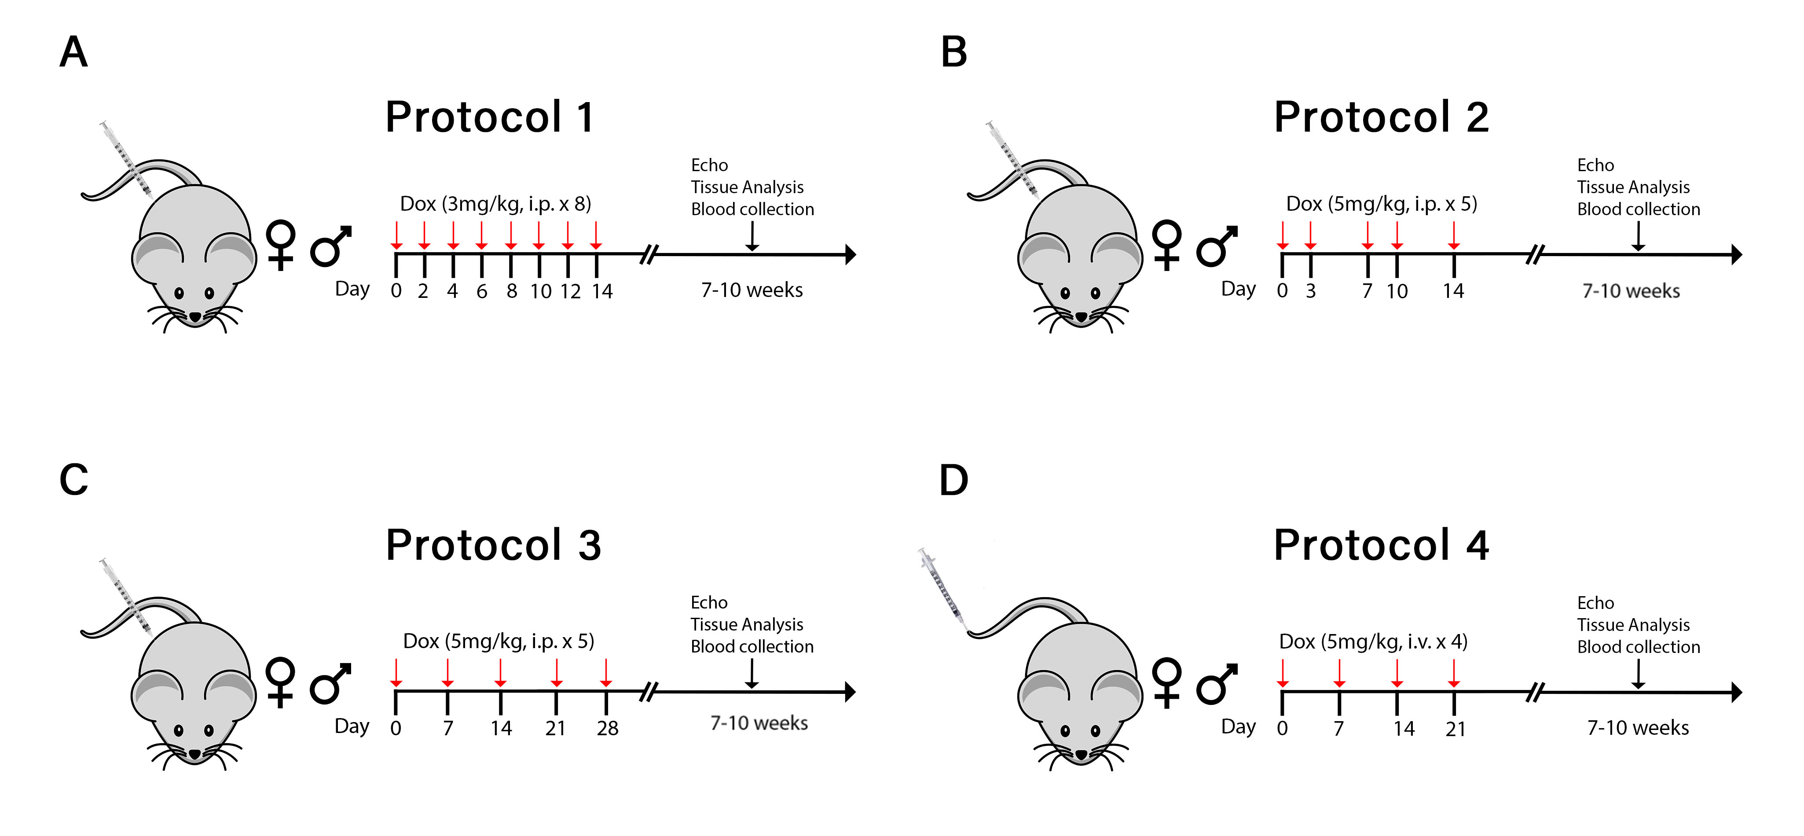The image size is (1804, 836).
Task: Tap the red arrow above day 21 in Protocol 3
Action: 556,673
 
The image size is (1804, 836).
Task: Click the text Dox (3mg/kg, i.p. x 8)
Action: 495,204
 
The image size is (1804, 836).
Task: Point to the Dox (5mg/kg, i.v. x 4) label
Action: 1373,642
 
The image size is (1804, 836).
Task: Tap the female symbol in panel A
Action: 281,245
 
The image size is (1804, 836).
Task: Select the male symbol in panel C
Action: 330,683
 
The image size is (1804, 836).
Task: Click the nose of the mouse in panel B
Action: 1081,318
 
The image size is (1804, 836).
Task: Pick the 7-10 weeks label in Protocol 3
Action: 759,722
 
